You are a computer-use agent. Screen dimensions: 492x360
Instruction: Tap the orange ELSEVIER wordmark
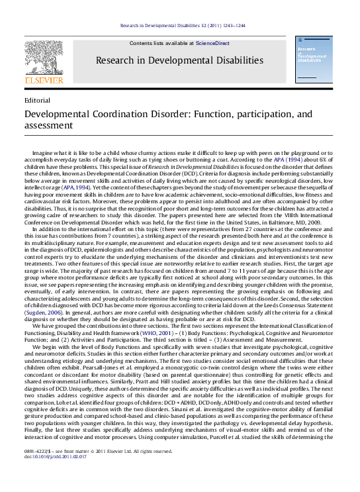point(44,80)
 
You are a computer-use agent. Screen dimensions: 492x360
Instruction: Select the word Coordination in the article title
point(118,113)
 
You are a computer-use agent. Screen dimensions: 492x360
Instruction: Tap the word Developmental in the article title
point(56,113)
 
